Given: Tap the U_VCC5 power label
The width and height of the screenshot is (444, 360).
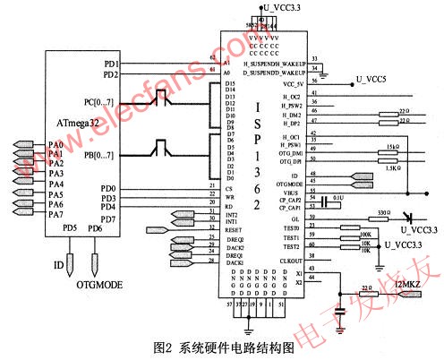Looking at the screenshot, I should click(369, 78).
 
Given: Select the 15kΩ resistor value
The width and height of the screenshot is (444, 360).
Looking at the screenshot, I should click(390, 145).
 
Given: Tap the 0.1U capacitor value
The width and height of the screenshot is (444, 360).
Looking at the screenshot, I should click(337, 197).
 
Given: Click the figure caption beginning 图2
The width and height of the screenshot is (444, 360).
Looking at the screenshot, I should click(224, 345).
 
